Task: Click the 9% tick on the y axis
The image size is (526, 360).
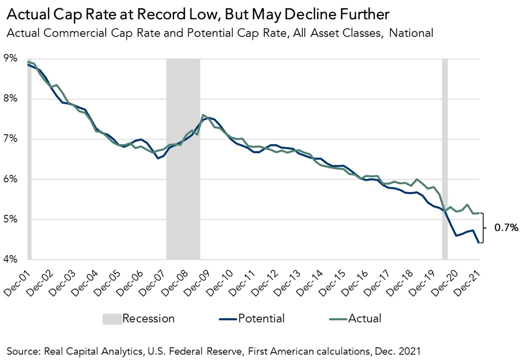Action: pos(11,58)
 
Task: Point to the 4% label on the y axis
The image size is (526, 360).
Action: pos(11,259)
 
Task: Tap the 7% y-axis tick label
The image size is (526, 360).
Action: pos(11,139)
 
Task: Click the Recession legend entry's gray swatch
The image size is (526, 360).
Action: pos(110,319)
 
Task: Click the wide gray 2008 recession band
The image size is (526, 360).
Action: pos(183,160)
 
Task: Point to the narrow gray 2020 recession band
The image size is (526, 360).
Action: pos(445,160)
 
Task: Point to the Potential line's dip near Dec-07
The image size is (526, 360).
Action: pos(158,158)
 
